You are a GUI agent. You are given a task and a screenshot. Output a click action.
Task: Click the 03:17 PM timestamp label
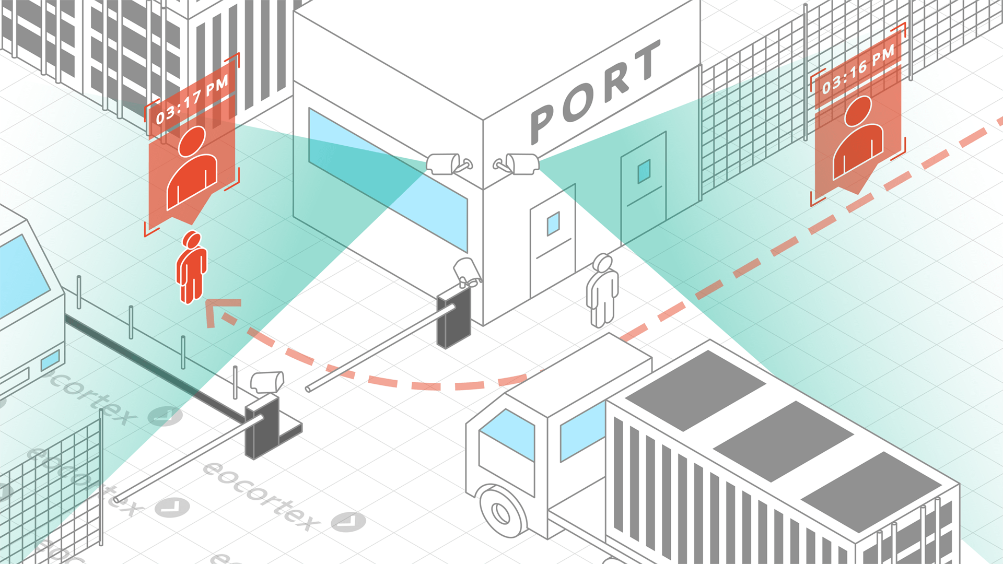192,99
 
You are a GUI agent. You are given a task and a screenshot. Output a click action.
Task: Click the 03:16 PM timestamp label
858,70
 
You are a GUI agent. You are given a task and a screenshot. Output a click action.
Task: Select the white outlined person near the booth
602,290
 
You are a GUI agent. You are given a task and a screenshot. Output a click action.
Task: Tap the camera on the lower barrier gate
267,382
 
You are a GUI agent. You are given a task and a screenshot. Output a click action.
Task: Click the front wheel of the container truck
502,512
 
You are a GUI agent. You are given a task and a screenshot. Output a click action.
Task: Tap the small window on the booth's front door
553,224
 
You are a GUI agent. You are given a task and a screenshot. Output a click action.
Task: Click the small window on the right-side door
644,171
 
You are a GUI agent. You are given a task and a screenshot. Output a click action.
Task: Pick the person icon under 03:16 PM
858,138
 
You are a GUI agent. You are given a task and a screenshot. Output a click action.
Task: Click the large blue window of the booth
387,178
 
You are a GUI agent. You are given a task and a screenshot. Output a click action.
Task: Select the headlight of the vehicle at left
50,360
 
